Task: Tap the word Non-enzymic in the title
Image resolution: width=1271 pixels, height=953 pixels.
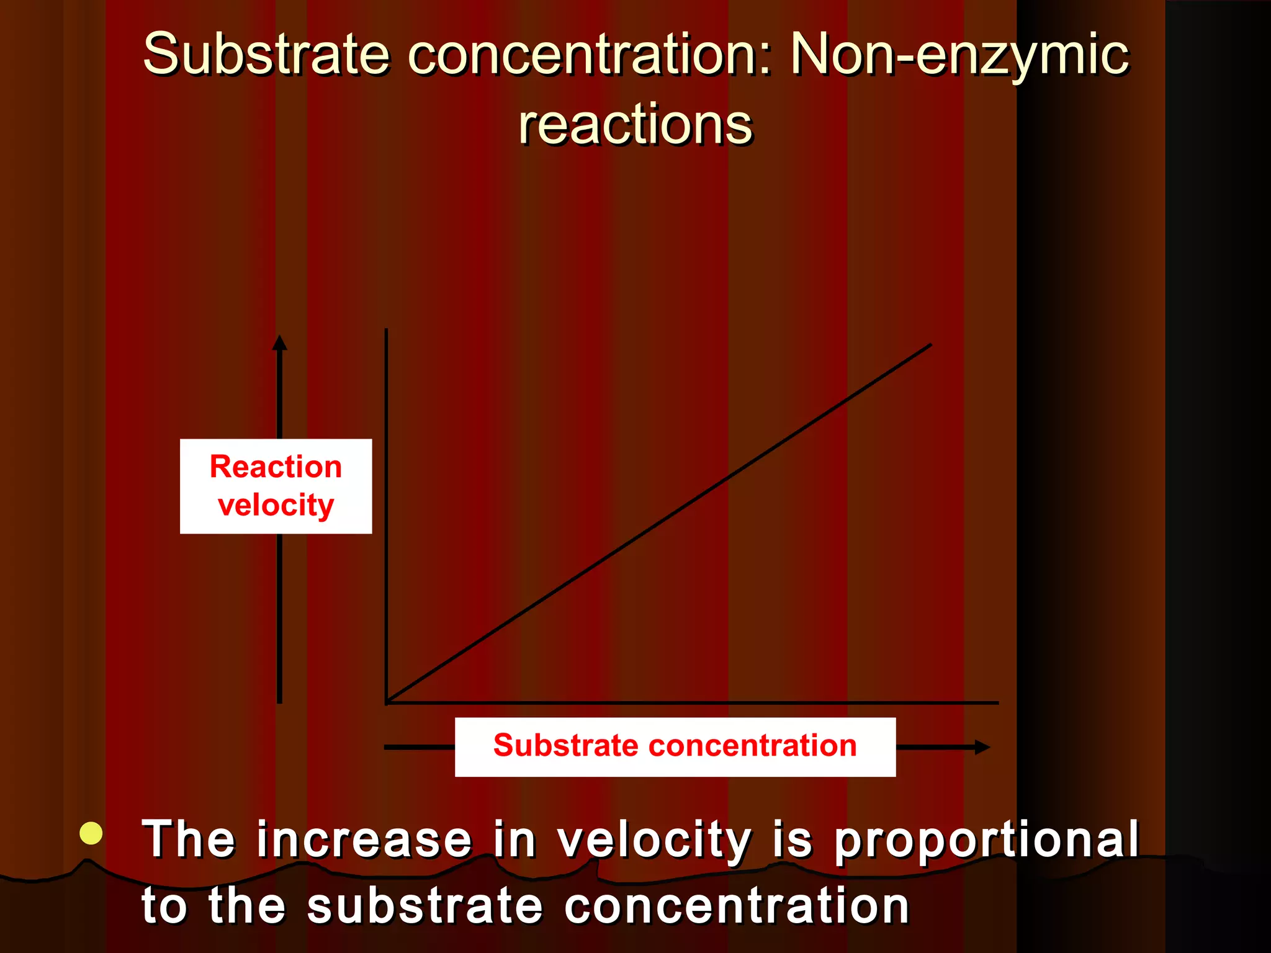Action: [x=959, y=56]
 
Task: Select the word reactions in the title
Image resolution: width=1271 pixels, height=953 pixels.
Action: [x=635, y=125]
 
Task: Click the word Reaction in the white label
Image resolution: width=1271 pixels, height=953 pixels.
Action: [x=276, y=467]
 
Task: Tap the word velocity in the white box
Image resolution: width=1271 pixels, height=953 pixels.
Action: [x=276, y=505]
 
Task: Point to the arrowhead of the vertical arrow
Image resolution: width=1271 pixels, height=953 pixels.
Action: [x=280, y=342]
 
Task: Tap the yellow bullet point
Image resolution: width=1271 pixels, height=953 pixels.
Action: [x=91, y=833]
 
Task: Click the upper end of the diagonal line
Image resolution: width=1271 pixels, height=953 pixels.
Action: [x=930, y=345]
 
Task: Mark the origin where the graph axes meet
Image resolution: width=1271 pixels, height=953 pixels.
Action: [x=387, y=702]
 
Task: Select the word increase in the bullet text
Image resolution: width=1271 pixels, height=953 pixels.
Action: [x=364, y=839]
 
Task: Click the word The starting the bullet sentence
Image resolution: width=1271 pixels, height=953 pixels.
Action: [x=189, y=839]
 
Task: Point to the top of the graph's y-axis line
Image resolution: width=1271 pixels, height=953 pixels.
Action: [x=386, y=331]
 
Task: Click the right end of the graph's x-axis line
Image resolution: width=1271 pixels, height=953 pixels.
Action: [x=997, y=703]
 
